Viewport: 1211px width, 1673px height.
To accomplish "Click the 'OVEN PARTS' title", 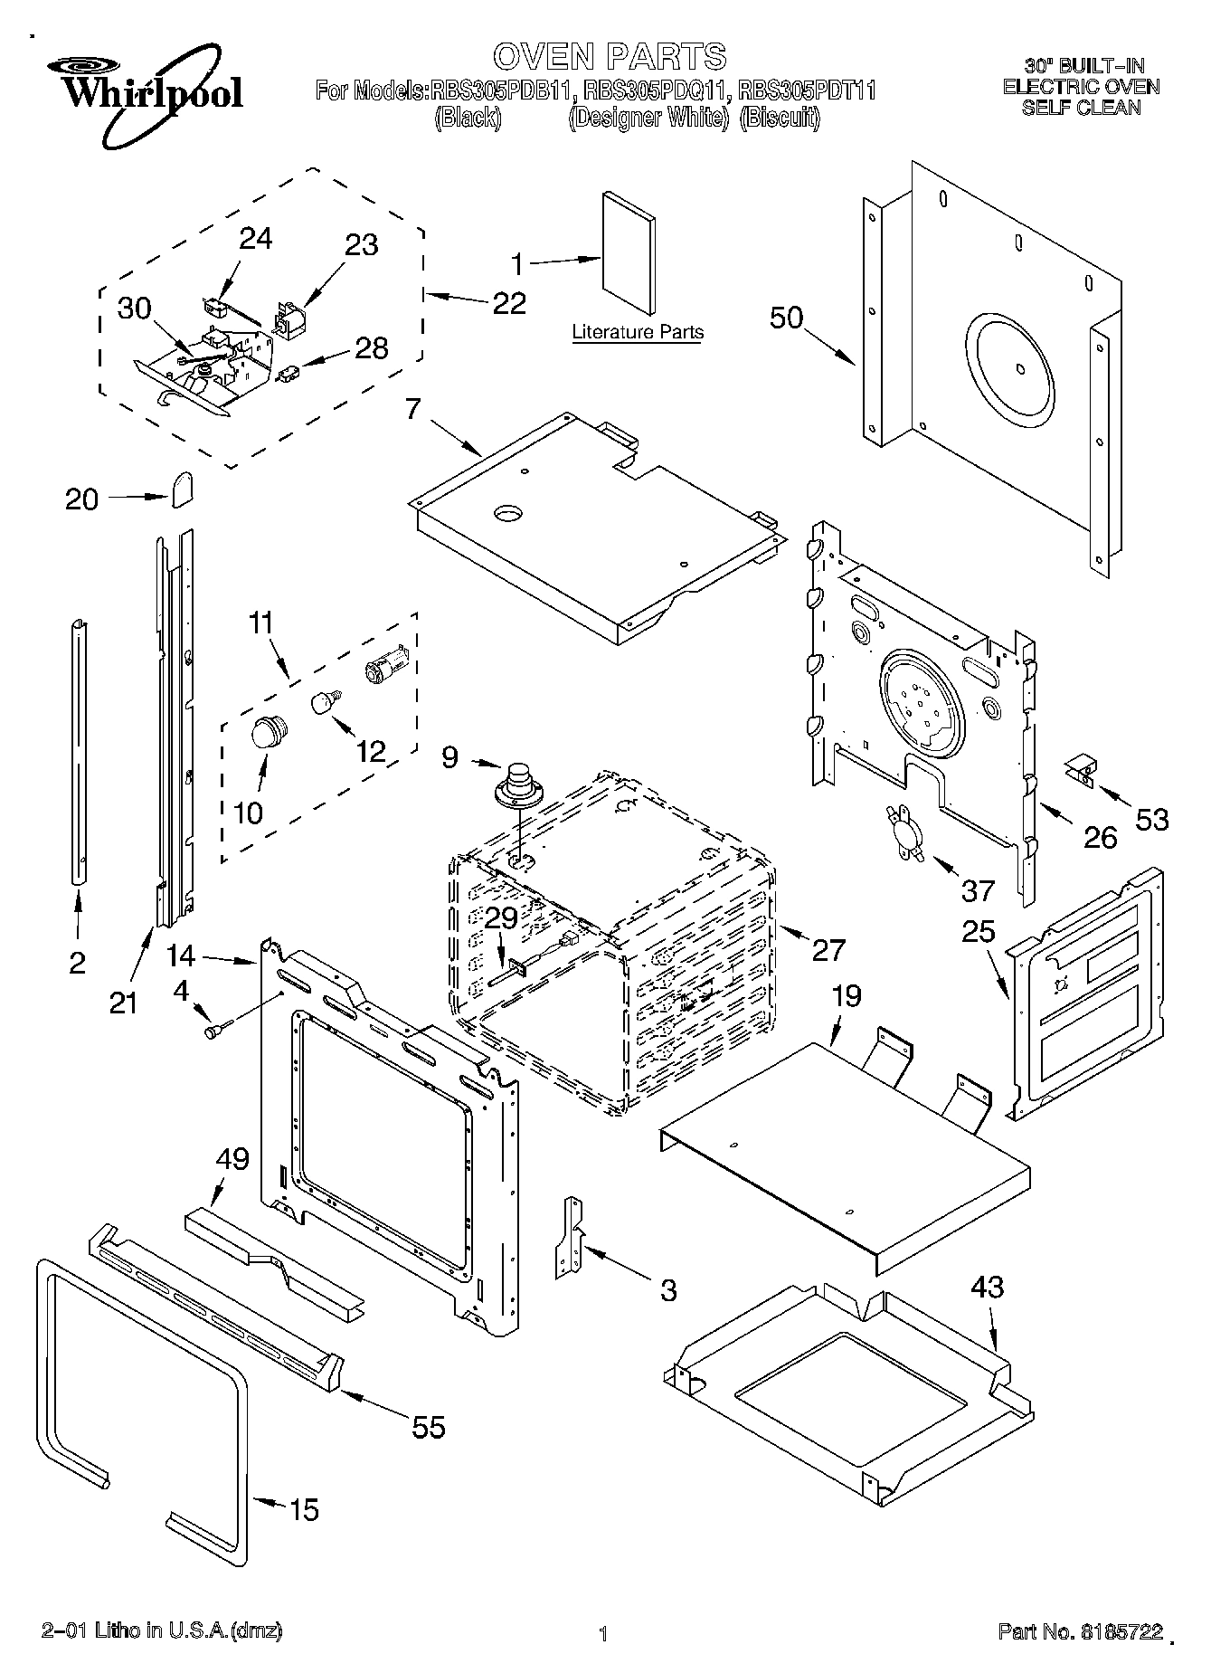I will pyautogui.click(x=610, y=56).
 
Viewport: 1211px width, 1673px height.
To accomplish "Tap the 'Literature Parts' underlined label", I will pyautogui.click(x=637, y=332).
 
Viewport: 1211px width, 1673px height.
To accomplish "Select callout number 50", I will pyautogui.click(x=787, y=318).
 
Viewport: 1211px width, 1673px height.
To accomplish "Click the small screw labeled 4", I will pyautogui.click(x=218, y=1029).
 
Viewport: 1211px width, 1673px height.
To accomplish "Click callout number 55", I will pyautogui.click(x=428, y=1428).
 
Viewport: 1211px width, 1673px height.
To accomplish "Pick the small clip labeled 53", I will pyautogui.click(x=1079, y=771).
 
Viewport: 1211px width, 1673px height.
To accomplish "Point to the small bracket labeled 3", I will pyautogui.click(x=569, y=1237).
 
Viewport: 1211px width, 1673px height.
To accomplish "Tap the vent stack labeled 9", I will pyautogui.click(x=518, y=784).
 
